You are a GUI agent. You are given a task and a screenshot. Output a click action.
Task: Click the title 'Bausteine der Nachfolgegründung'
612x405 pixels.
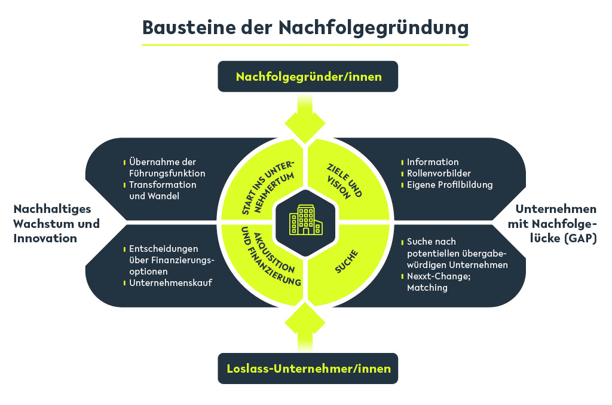click(x=305, y=28)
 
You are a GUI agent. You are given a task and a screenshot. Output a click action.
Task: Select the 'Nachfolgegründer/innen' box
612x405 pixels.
click(x=308, y=77)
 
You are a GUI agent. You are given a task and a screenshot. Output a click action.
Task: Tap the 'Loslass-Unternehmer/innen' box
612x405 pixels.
click(x=308, y=369)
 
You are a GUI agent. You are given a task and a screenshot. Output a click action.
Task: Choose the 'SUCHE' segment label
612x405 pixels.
click(x=347, y=261)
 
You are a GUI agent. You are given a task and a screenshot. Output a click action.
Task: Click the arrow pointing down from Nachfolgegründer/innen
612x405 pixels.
click(x=305, y=119)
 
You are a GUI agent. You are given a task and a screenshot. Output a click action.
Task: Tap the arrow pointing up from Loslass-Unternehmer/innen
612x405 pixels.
click(x=305, y=327)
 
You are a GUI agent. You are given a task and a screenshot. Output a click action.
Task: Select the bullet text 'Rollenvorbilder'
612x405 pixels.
click(x=439, y=173)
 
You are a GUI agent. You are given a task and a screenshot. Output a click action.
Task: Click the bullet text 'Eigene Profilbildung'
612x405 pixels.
click(x=449, y=185)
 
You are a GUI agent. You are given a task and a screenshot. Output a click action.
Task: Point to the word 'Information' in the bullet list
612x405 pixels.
click(x=433, y=162)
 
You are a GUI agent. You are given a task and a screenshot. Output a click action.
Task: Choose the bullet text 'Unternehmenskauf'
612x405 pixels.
click(x=170, y=283)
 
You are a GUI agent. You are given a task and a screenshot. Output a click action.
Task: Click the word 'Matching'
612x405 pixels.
click(x=427, y=288)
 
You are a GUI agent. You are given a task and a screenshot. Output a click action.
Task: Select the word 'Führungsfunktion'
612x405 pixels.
click(x=167, y=173)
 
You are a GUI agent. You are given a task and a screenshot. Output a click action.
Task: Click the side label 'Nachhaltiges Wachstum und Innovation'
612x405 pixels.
click(x=57, y=224)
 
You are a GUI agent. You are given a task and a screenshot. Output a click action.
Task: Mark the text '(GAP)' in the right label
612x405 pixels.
click(x=582, y=238)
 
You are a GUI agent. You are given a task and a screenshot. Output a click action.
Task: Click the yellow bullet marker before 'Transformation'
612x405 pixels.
click(x=124, y=185)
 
